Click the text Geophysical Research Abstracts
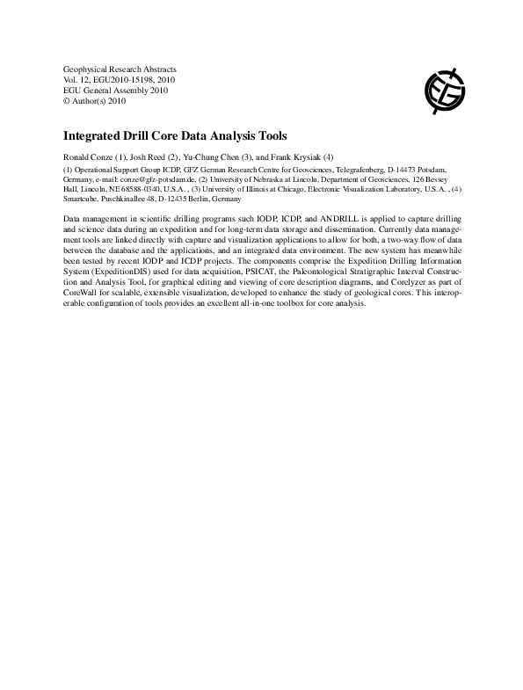pyautogui.click(x=120, y=68)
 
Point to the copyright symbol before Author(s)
pyautogui.click(x=68, y=101)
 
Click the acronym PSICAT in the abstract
pyautogui.click(x=209, y=271)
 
